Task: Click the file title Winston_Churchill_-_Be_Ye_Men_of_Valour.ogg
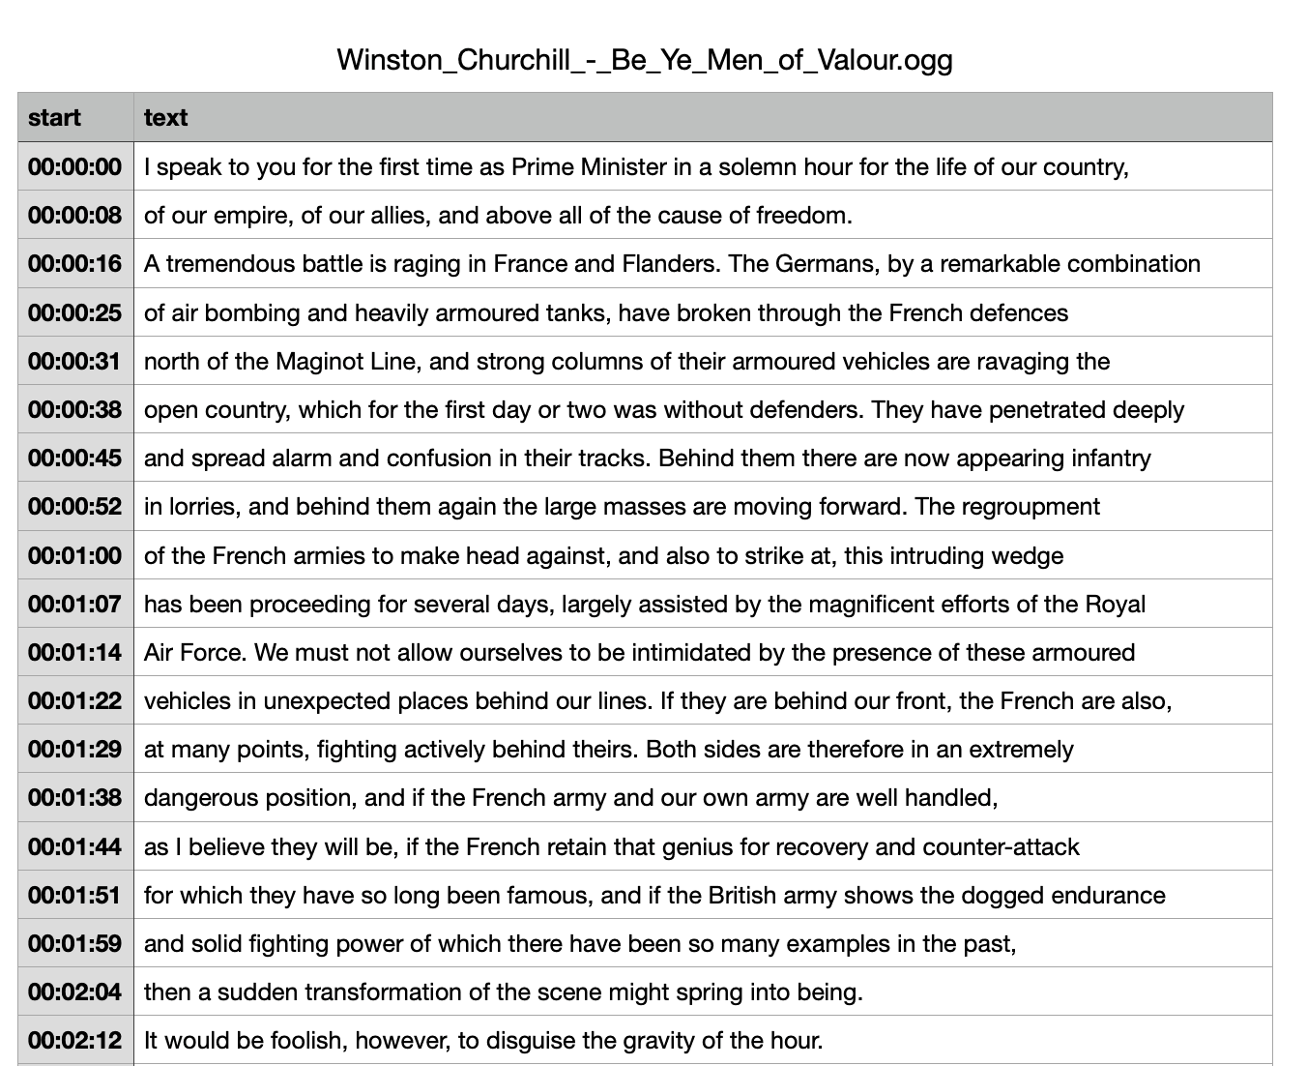coord(645,60)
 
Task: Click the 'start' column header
coord(54,118)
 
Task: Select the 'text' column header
coord(165,118)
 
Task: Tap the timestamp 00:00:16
coord(75,264)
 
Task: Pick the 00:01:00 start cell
coord(75,556)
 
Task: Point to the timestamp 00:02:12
coord(75,1041)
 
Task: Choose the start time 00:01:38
coord(75,798)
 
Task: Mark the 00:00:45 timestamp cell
coord(75,459)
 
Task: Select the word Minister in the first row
coord(624,167)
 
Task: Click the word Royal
coord(1115,605)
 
